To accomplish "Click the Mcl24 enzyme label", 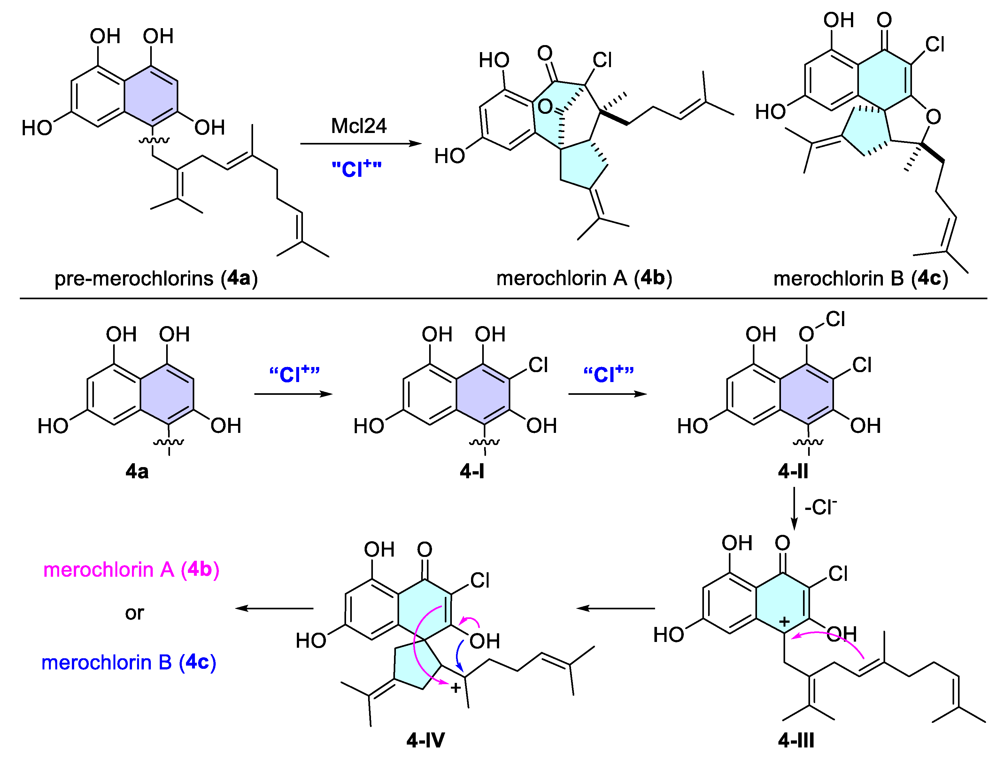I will coord(359,126).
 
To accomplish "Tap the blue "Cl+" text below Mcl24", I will coord(356,168).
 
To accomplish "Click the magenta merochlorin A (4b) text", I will coord(131,569).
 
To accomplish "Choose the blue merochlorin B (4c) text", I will coord(129,662).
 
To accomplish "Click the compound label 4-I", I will coord(472,472).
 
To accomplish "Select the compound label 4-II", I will coord(793,472).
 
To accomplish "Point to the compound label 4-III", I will coord(796,740).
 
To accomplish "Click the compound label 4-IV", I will coord(425,740).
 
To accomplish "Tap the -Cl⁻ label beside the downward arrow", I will coord(820,507).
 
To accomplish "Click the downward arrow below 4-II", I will coord(794,508).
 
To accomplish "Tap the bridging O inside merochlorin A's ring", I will coord(545,107).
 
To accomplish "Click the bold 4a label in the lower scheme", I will coord(137,472).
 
